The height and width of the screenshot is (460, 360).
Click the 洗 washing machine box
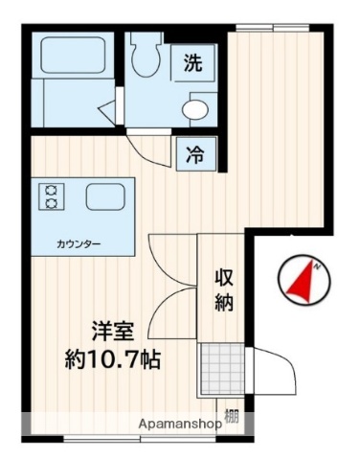pos(193,65)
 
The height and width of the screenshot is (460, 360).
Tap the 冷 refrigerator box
pos(194,151)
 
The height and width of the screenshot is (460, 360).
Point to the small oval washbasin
pos(195,109)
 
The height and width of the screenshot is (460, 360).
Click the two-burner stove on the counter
pos(50,196)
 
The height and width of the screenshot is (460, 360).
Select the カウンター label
pos(79,243)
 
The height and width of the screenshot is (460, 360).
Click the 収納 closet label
pos(224,289)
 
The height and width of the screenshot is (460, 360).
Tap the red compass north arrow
pos(305,281)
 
